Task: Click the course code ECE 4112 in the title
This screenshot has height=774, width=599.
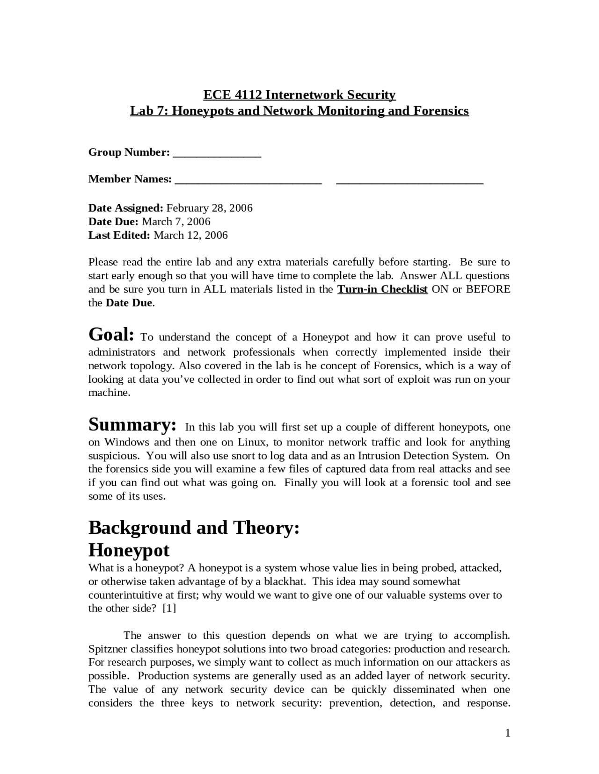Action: [x=233, y=95]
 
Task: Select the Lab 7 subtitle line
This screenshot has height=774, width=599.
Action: [x=299, y=111]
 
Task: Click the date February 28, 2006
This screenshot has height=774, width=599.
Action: [x=209, y=208]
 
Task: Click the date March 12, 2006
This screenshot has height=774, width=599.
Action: [x=190, y=235]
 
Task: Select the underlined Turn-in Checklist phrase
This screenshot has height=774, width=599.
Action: [x=382, y=289]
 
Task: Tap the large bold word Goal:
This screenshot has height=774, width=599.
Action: [x=111, y=335]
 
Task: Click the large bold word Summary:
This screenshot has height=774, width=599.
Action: [x=132, y=425]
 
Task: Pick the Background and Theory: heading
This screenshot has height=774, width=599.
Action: [x=194, y=528]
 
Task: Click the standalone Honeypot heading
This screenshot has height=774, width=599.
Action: [x=129, y=550]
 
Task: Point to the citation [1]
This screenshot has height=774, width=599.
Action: [x=169, y=609]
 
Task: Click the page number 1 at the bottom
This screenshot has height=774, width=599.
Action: [x=507, y=733]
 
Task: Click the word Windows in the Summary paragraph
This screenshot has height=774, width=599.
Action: [x=126, y=442]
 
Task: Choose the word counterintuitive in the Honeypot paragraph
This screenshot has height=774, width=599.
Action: [x=125, y=595]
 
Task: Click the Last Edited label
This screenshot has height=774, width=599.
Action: [x=119, y=235]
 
